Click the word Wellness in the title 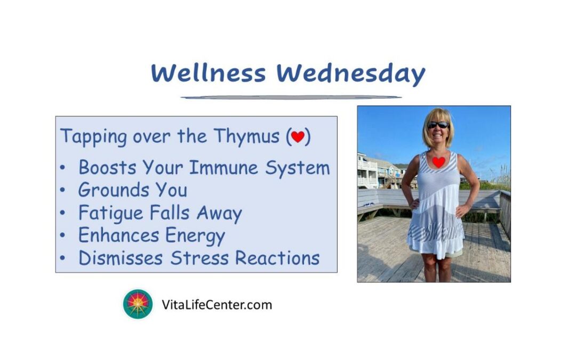click(208, 73)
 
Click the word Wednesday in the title click(351, 75)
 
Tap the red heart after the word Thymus click(298, 137)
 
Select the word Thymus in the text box click(246, 137)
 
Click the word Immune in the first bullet click(223, 168)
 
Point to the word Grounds click(114, 190)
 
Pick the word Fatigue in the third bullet click(110, 213)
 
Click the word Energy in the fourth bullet click(195, 236)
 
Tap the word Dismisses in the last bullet click(121, 258)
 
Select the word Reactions click(277, 258)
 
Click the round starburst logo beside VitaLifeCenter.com click(138, 304)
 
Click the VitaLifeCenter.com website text click(217, 305)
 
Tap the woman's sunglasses click(438, 125)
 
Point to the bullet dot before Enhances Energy click(62, 235)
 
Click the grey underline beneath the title click(291, 98)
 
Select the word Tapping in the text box click(94, 137)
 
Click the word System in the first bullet click(298, 169)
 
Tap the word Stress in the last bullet click(199, 258)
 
